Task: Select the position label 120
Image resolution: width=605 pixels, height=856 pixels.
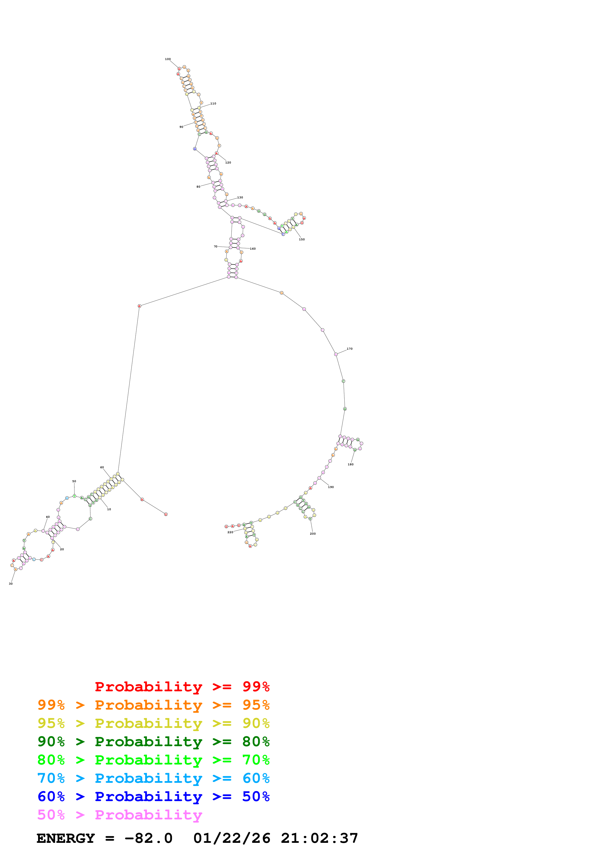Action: point(228,163)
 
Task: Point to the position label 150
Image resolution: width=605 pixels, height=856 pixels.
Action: point(302,239)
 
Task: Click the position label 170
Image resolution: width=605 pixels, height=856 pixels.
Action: point(350,349)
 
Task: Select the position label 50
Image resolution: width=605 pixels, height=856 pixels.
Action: point(74,481)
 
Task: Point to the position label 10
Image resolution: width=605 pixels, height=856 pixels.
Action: point(109,509)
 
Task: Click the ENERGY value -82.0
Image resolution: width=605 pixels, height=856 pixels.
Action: point(148,838)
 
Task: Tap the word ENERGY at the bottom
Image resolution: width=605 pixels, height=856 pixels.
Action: point(66,838)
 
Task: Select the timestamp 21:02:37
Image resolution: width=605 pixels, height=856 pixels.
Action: point(319,838)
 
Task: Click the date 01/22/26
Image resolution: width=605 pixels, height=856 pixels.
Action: point(232,838)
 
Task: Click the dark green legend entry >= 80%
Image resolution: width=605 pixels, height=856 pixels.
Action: point(154,742)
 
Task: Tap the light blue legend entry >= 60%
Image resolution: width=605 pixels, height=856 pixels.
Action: point(154,778)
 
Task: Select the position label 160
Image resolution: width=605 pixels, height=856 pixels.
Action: point(253,249)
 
